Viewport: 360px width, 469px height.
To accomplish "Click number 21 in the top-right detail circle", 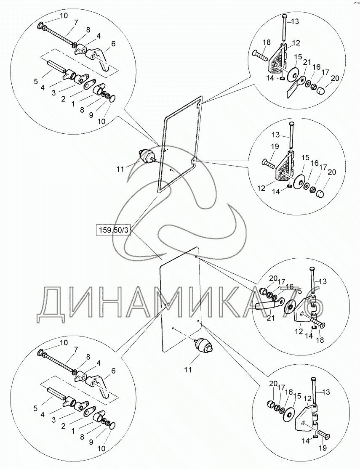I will coord(308,63).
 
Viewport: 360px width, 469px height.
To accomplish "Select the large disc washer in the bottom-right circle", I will coord(288,413).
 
